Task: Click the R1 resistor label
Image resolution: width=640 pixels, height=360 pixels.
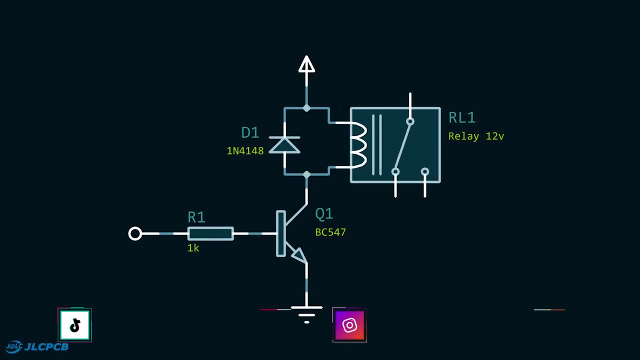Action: [x=196, y=217]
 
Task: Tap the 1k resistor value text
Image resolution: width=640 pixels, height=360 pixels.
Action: [x=193, y=248]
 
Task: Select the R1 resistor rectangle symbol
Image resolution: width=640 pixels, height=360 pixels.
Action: [x=210, y=233]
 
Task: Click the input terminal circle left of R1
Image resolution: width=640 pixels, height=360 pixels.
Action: [x=135, y=233]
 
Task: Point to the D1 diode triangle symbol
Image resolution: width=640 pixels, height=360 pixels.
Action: [x=284, y=145]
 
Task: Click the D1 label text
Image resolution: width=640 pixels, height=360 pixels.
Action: [x=250, y=132]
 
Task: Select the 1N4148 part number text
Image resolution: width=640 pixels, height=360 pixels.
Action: [x=245, y=151]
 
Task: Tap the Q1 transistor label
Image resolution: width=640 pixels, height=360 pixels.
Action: [x=324, y=213]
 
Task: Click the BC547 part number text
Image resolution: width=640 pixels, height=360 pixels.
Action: [x=330, y=232]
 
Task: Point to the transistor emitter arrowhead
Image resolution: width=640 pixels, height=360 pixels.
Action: [x=299, y=255]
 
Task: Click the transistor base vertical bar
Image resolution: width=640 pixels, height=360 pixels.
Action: [x=281, y=233]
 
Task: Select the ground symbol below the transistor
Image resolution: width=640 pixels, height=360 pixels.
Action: [x=306, y=315]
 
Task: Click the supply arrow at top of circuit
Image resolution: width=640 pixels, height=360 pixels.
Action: [x=306, y=64]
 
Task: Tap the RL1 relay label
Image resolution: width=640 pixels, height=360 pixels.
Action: [x=462, y=117]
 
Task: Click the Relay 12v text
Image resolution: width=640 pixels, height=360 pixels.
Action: [x=476, y=136]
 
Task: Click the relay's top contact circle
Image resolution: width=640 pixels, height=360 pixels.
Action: [x=410, y=121]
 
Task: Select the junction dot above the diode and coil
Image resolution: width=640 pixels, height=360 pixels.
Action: [x=306, y=108]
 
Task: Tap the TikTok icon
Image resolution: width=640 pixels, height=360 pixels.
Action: [x=74, y=325]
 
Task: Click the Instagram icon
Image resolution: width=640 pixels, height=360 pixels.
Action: [x=349, y=325]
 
